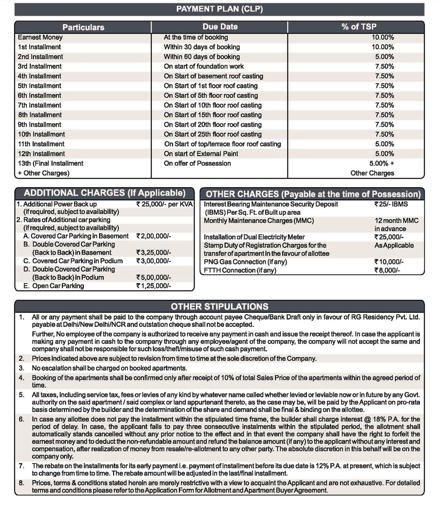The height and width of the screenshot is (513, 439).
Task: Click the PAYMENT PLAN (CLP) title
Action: tap(219, 9)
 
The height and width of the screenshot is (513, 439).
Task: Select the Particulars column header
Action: tap(83, 27)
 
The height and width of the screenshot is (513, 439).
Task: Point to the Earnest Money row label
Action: tap(40, 38)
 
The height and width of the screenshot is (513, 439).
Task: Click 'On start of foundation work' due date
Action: tap(204, 66)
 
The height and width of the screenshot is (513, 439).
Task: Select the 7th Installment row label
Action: tap(40, 105)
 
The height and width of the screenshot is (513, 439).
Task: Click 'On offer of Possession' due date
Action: tap(198, 163)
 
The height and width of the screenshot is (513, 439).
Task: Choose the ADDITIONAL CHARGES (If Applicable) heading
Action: tap(105, 193)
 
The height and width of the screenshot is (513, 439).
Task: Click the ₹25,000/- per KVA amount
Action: tap(164, 204)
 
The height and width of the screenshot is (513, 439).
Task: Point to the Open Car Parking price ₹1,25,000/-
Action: tap(153, 286)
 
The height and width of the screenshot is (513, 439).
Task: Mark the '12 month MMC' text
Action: tap(396, 221)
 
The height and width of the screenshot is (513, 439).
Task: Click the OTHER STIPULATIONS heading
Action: tap(219, 306)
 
